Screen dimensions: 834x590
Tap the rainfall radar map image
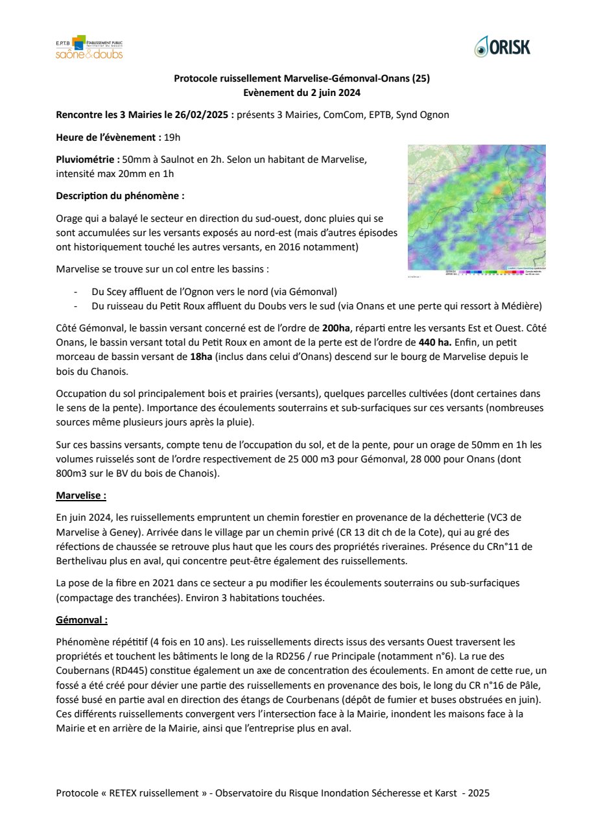point(477,208)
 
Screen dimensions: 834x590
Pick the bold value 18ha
point(202,356)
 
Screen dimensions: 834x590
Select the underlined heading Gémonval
point(82,620)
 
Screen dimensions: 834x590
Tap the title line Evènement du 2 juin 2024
point(301,93)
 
